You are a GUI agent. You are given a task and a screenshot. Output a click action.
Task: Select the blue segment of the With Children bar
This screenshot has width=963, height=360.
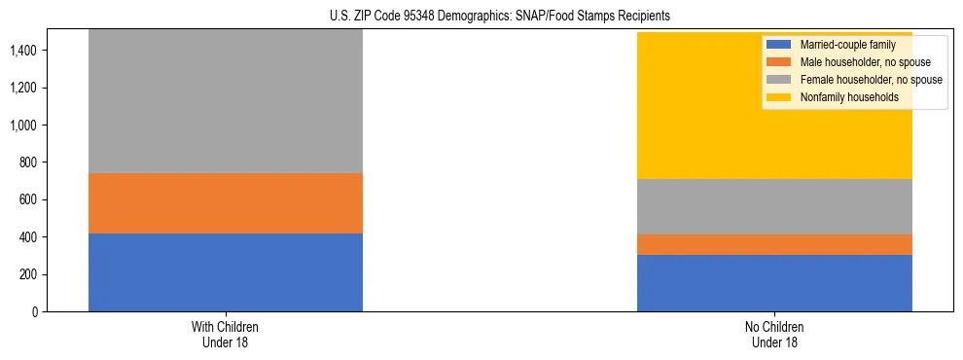(226, 272)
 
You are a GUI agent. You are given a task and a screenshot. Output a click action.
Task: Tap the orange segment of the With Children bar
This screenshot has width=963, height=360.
(226, 203)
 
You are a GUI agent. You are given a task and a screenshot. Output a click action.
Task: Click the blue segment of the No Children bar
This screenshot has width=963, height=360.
(774, 283)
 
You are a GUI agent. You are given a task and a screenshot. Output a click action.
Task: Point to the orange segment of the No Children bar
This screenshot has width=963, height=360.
(774, 244)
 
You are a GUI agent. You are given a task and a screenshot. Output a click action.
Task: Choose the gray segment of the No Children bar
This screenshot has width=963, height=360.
(774, 206)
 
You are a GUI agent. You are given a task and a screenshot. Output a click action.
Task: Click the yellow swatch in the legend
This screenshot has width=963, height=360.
(779, 97)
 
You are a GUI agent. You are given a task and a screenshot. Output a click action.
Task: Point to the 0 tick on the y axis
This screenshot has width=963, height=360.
(35, 311)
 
